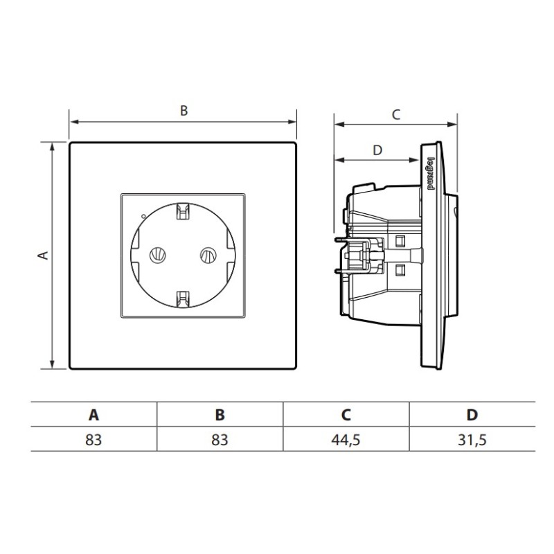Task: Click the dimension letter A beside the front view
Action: pyautogui.click(x=43, y=255)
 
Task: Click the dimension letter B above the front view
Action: pyautogui.click(x=184, y=111)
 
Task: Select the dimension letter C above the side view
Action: pyautogui.click(x=396, y=114)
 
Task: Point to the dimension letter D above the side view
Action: pyautogui.click(x=377, y=150)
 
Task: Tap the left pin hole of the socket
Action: pyautogui.click(x=158, y=255)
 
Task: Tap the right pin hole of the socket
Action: pyautogui.click(x=208, y=255)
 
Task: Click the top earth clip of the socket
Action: pyautogui.click(x=183, y=211)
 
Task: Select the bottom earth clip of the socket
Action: pyautogui.click(x=183, y=299)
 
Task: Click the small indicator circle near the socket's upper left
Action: pyautogui.click(x=143, y=216)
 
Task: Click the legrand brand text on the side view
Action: pyautogui.click(x=431, y=174)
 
